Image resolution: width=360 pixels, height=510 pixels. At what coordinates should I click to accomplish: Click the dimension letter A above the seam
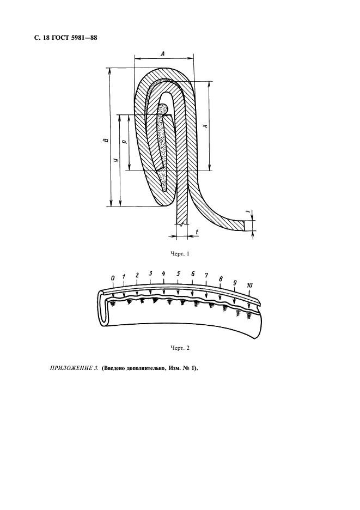(162, 54)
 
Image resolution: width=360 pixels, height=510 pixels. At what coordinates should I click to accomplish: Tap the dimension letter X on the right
(205, 125)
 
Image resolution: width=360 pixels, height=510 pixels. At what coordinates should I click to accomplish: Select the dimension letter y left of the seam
(115, 160)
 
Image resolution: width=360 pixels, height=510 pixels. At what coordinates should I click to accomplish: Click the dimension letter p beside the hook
(125, 142)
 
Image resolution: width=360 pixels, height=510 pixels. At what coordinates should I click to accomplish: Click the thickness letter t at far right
(249, 212)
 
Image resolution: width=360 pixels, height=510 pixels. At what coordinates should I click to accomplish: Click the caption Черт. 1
(180, 254)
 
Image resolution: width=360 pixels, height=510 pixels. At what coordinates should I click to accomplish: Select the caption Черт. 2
(180, 348)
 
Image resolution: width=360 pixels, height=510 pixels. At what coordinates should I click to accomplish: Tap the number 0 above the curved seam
(113, 278)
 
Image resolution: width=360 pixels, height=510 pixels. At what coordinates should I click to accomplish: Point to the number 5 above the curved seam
(178, 274)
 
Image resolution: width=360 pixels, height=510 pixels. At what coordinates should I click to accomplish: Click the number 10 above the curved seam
(249, 286)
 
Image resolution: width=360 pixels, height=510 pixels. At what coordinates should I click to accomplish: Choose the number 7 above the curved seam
(206, 276)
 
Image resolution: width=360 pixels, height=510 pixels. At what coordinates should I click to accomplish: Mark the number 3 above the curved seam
(150, 273)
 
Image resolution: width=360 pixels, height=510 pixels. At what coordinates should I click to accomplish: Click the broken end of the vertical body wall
(182, 224)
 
